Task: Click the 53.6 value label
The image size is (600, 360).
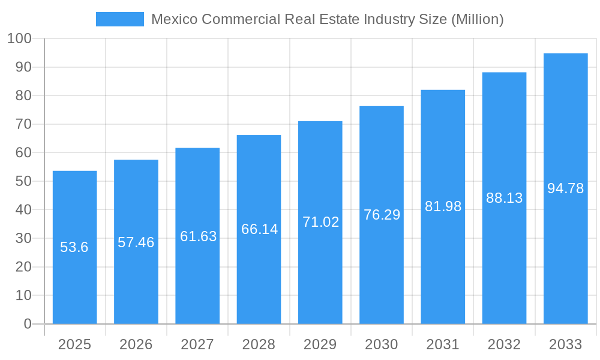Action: click(x=74, y=247)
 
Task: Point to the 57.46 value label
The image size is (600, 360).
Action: click(x=136, y=242)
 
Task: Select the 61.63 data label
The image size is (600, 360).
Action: click(x=198, y=236)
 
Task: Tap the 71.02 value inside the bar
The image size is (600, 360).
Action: click(x=320, y=222)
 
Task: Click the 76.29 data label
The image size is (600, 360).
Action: click(x=382, y=215)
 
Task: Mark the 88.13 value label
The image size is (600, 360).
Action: click(x=504, y=198)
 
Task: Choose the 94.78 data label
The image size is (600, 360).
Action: click(x=565, y=188)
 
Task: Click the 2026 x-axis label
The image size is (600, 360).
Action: click(x=136, y=344)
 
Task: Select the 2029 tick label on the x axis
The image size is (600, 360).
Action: click(x=320, y=344)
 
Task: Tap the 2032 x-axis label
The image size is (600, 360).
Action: click(x=504, y=344)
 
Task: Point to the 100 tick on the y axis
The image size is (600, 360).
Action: click(x=19, y=39)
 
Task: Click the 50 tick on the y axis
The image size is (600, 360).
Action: click(x=23, y=181)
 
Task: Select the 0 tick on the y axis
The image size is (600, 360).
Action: click(x=28, y=324)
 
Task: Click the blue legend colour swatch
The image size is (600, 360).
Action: click(x=120, y=19)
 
